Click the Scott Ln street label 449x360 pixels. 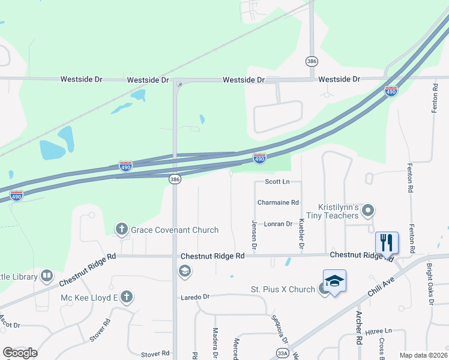click(277, 181)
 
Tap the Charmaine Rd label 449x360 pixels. click(278, 203)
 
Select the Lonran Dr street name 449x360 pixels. click(278, 224)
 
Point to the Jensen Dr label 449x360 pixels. click(254, 234)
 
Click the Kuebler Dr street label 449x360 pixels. click(301, 234)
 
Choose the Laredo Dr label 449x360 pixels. click(195, 297)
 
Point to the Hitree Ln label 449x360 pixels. click(379, 331)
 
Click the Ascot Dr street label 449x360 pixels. click(10, 325)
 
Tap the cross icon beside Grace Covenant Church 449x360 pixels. click(121, 229)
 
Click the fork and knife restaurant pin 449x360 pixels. click(387, 242)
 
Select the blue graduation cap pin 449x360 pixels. click(334, 281)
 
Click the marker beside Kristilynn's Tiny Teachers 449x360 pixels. click(369, 211)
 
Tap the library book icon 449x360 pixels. click(47, 276)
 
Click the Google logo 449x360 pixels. click(20, 353)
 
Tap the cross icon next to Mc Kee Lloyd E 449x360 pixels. click(126, 296)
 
